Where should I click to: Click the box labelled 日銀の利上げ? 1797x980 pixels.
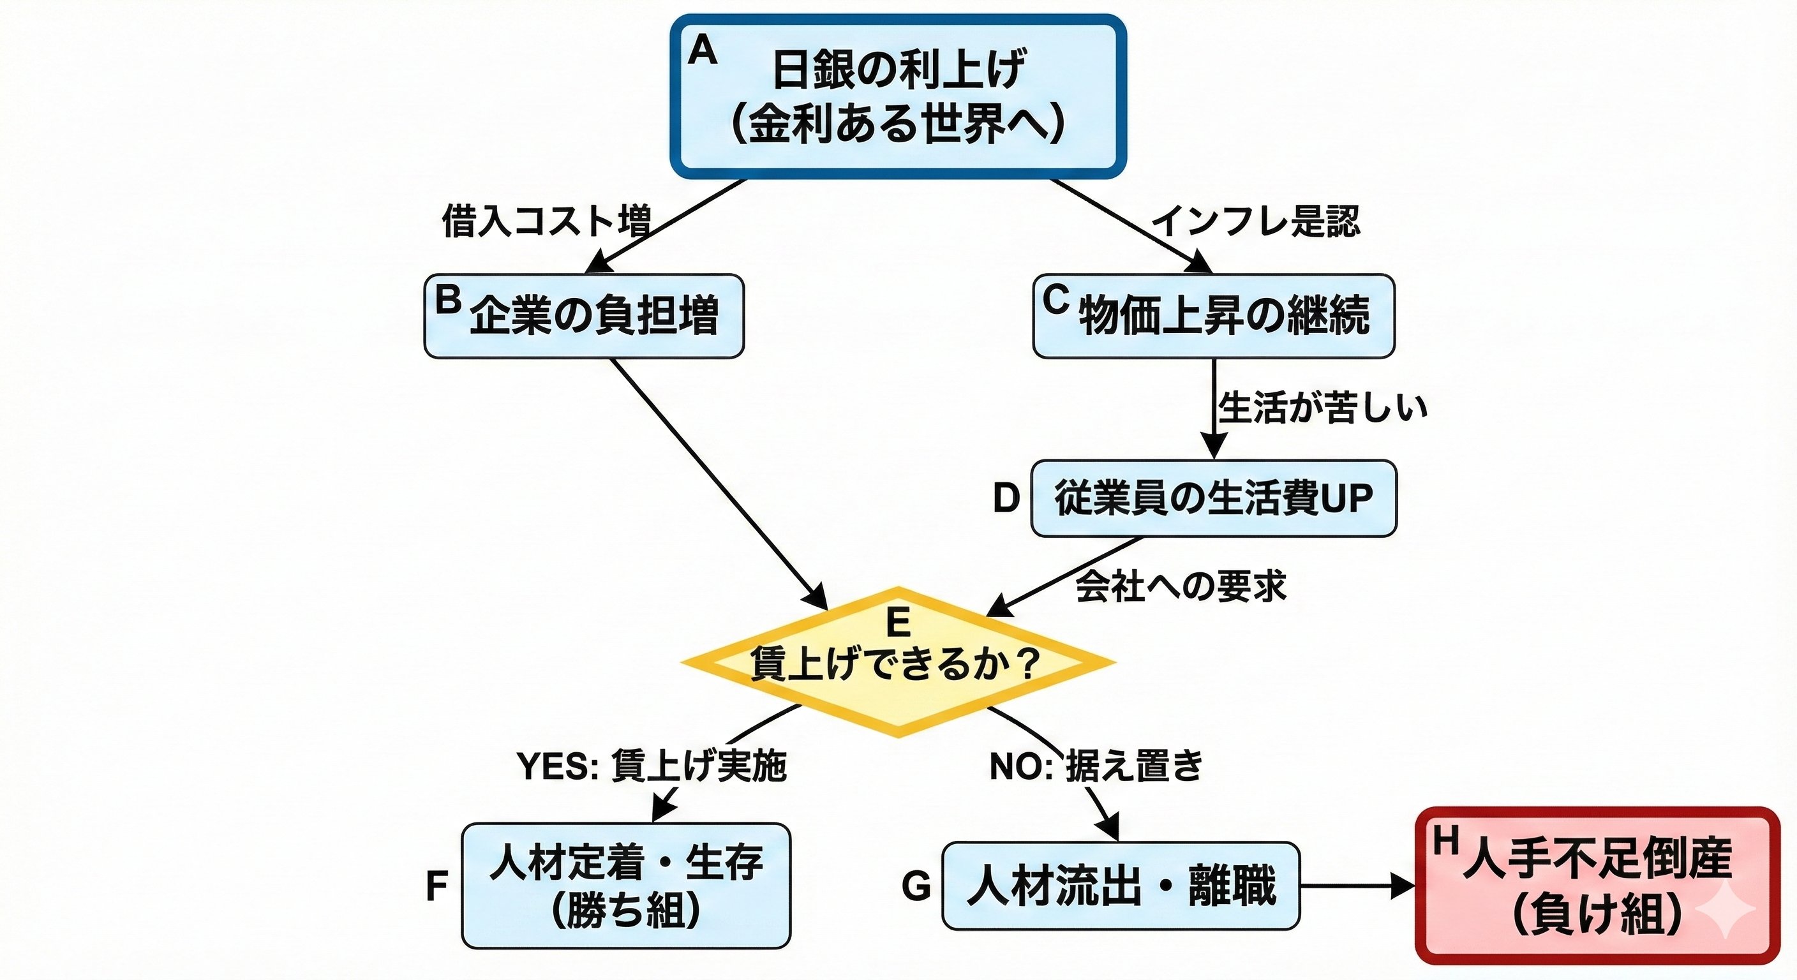898,96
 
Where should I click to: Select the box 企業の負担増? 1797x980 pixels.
584,316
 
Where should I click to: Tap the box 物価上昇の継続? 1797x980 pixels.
1213,316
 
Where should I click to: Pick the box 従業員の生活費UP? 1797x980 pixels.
1213,498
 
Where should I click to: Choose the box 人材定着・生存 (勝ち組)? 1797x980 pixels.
626,885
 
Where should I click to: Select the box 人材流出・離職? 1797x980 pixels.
1121,886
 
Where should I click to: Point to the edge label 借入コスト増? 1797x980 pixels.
546,221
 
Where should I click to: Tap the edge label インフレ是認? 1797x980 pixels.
1255,221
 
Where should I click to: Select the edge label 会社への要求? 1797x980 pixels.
1181,586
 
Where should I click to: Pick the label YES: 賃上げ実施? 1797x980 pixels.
652,766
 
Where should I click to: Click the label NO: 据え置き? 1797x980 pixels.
1096,766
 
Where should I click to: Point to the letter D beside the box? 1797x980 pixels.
1006,499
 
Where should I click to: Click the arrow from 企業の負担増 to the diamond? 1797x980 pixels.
719,484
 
